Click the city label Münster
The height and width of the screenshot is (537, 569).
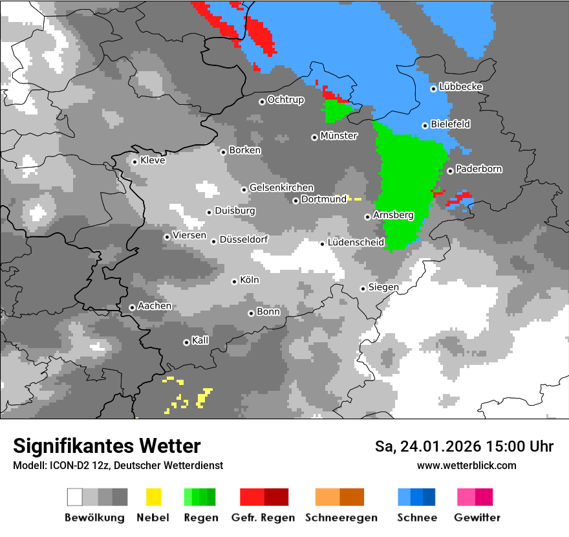point(338,136)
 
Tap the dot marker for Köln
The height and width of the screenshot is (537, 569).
point(235,281)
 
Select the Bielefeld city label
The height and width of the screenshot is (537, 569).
point(450,124)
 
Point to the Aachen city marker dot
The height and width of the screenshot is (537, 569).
point(132,307)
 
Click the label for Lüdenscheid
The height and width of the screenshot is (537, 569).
point(356,243)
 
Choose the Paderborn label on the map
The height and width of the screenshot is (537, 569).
point(478,170)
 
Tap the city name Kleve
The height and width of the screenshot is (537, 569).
point(153,160)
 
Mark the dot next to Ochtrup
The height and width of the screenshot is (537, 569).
point(262,101)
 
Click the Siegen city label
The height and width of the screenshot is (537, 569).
point(383,287)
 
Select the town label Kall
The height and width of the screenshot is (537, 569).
point(200,340)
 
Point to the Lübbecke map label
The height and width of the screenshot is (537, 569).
point(460,87)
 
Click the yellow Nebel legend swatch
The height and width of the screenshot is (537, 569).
point(153,497)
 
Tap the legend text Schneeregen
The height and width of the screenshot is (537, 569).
point(339,518)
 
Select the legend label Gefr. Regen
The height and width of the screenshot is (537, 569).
point(263,518)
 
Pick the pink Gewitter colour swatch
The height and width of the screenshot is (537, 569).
point(466,497)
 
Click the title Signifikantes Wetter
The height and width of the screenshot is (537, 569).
point(107,446)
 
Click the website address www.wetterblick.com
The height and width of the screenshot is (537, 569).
point(466,465)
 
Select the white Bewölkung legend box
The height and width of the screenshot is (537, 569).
point(75,497)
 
